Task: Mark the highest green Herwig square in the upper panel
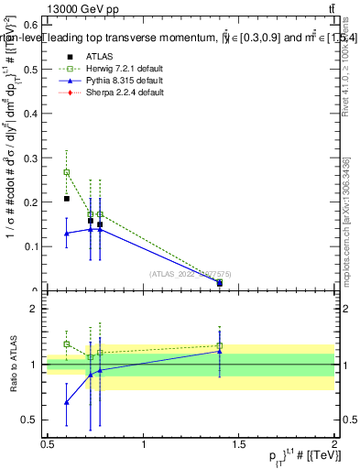66,172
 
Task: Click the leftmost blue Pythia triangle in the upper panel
66,234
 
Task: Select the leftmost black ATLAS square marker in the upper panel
66,199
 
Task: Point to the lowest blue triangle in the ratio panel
66,402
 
